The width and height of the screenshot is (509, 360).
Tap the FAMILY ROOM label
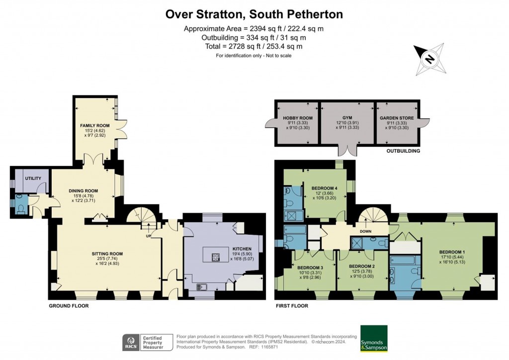click(95, 125)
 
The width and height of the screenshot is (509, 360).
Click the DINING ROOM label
click(83, 190)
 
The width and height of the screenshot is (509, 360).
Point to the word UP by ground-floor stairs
click(148, 236)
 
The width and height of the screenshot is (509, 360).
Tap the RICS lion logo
click(132, 343)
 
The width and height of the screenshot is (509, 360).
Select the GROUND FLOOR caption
click(69, 306)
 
